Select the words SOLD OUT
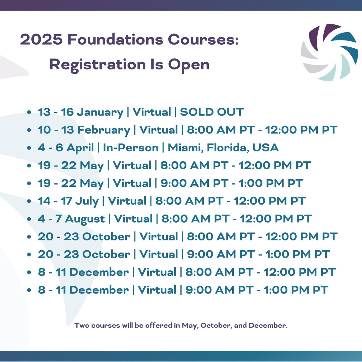[212, 112]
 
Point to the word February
[103, 130]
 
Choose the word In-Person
[131, 148]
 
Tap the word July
[87, 201]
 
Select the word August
[85, 219]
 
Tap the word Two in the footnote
[82, 325]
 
